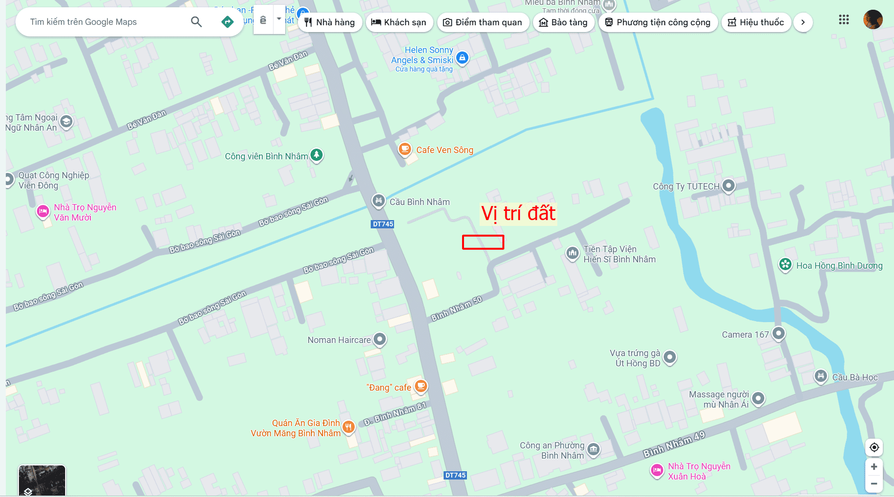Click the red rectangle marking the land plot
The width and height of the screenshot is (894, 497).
(483, 242)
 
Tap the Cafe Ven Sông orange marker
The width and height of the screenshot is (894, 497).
(405, 149)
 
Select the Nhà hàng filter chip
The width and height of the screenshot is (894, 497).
(330, 22)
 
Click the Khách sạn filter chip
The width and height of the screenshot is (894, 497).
(398, 22)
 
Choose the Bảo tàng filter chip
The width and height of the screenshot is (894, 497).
(564, 22)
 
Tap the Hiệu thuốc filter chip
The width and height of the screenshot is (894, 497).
(756, 22)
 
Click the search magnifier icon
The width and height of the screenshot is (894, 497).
(196, 22)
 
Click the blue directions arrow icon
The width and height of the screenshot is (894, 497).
(227, 22)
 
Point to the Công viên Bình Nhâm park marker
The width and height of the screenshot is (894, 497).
(317, 155)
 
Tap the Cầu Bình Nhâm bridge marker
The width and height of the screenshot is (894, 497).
(378, 200)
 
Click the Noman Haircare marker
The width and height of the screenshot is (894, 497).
(379, 339)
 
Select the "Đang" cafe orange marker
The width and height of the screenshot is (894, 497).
(421, 386)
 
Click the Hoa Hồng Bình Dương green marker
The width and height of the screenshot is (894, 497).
(785, 265)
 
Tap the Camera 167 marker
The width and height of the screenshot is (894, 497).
(778, 333)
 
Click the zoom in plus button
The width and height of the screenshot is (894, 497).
(874, 467)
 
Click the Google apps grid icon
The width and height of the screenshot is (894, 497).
(844, 20)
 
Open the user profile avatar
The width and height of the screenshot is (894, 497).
(873, 20)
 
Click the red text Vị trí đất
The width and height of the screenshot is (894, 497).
(518, 214)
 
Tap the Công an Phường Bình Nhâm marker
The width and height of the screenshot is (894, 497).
(593, 449)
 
